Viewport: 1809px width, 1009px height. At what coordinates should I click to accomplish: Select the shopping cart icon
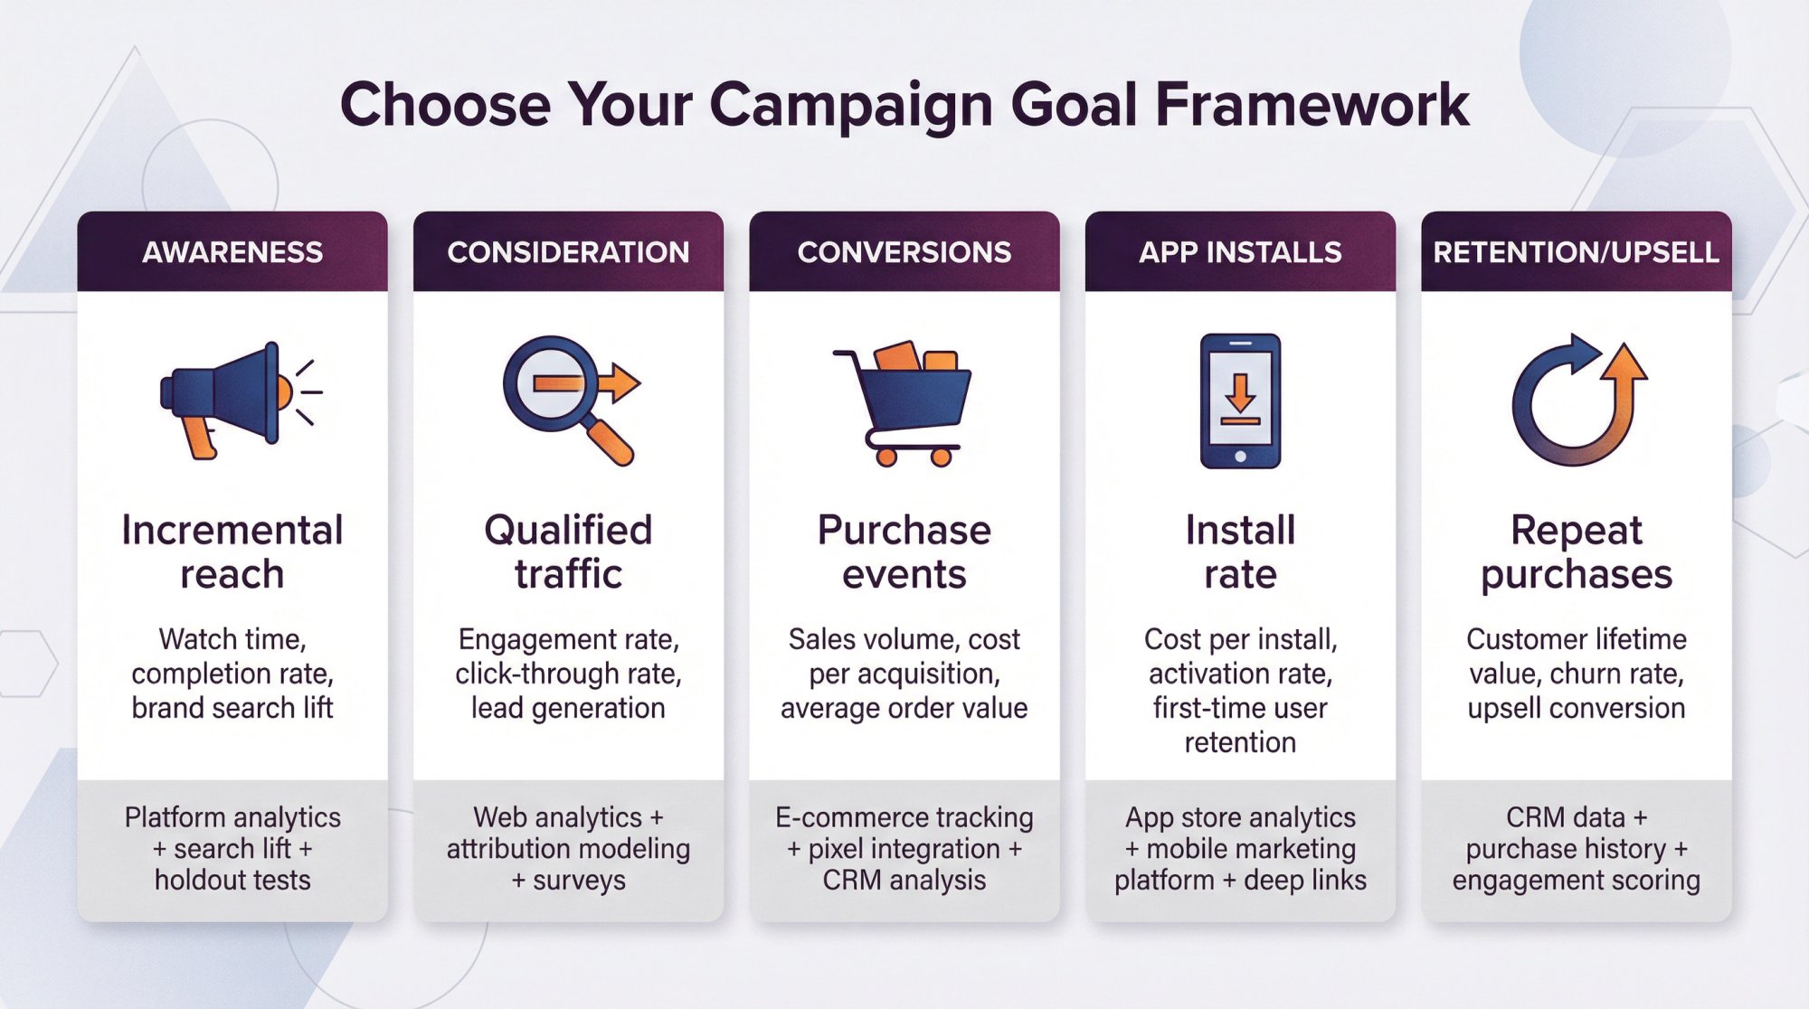click(904, 402)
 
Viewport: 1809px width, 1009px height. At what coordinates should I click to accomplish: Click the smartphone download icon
click(1240, 401)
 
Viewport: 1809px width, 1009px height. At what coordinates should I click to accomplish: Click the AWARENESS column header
click(232, 252)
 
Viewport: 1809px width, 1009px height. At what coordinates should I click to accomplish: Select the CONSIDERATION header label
click(568, 252)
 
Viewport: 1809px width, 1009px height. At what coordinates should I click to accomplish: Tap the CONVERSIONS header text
click(904, 252)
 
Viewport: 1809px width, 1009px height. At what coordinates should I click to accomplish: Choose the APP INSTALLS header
click(1240, 252)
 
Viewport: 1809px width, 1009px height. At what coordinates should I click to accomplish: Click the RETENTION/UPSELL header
click(1576, 252)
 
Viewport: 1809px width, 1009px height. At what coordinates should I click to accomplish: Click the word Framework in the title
click(1312, 105)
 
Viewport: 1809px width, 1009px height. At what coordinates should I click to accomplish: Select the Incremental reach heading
click(232, 552)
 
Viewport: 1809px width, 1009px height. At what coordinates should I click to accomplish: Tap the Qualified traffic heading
click(568, 552)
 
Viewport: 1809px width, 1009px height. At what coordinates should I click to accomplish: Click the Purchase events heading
click(904, 552)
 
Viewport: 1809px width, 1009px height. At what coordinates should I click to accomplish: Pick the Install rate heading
click(1240, 552)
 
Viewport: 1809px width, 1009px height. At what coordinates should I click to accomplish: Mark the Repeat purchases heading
click(1576, 552)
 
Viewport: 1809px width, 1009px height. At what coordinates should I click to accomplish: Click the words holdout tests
click(232, 880)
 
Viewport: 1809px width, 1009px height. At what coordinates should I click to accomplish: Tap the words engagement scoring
click(1576, 880)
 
